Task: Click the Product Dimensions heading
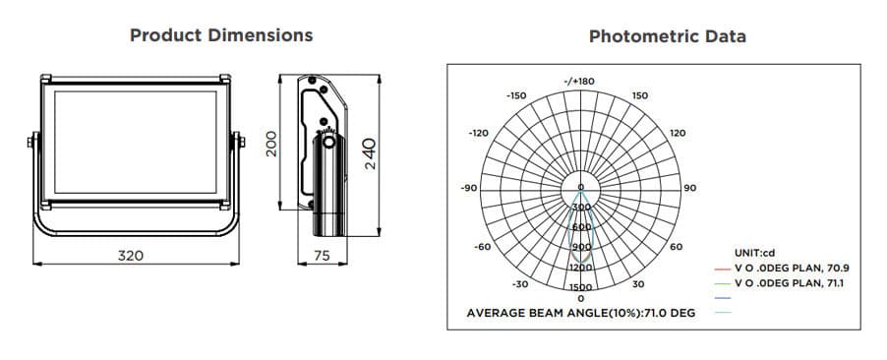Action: [x=221, y=35]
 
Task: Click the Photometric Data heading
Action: [x=667, y=36]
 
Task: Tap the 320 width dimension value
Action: [x=131, y=255]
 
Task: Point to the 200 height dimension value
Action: [x=273, y=144]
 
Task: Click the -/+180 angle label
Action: [x=579, y=81]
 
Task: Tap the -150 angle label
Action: [x=515, y=95]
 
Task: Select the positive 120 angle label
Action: [x=678, y=132]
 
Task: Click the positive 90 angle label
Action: [x=689, y=187]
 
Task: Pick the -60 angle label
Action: [x=482, y=246]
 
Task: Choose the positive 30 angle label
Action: [x=638, y=284]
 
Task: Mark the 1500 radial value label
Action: [x=580, y=287]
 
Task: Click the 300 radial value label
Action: [x=580, y=208]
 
